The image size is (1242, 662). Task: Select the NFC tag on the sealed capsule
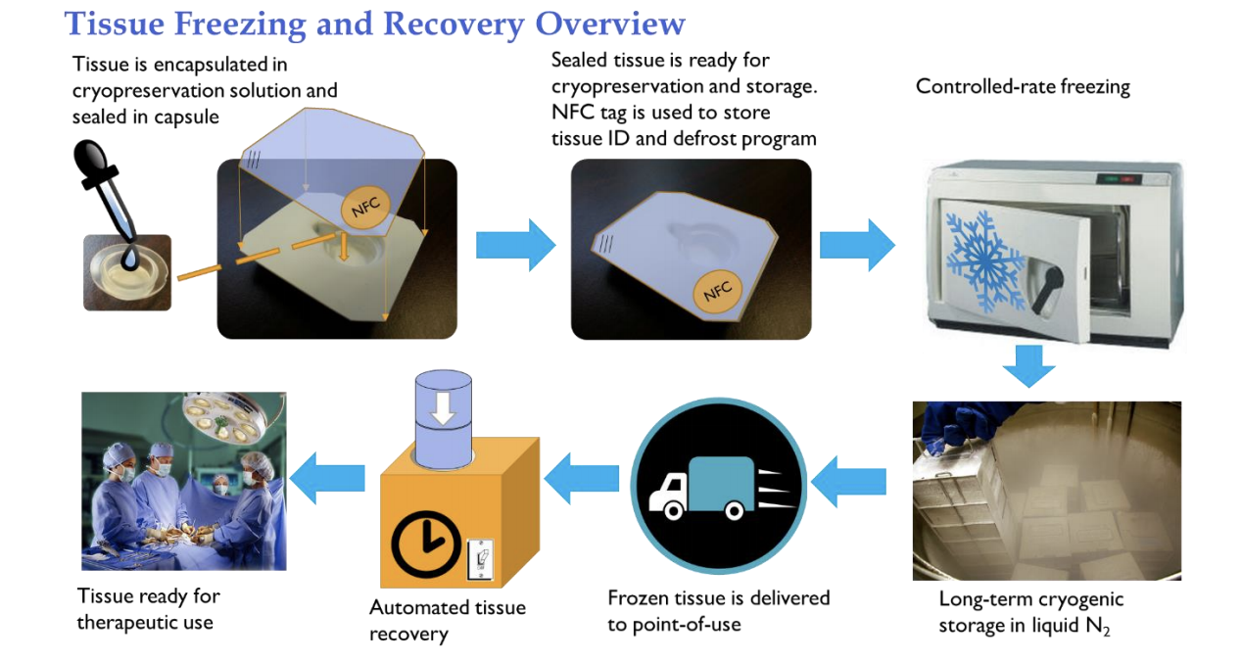pos(718,290)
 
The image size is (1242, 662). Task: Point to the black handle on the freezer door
pos(1046,281)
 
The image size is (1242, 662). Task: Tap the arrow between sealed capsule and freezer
pos(856,244)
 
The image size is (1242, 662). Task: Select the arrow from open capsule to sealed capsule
pos(515,244)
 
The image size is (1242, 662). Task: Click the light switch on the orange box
pos(481,561)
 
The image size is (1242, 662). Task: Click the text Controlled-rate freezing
pos(1023,86)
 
